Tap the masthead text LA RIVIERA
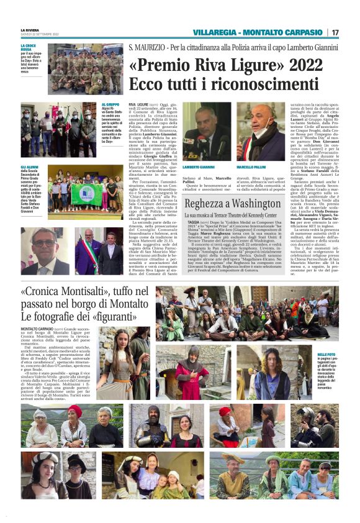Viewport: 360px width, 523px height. click(30, 29)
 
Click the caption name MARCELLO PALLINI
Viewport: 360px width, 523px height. click(251, 167)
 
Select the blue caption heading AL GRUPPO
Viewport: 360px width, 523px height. click(110, 104)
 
